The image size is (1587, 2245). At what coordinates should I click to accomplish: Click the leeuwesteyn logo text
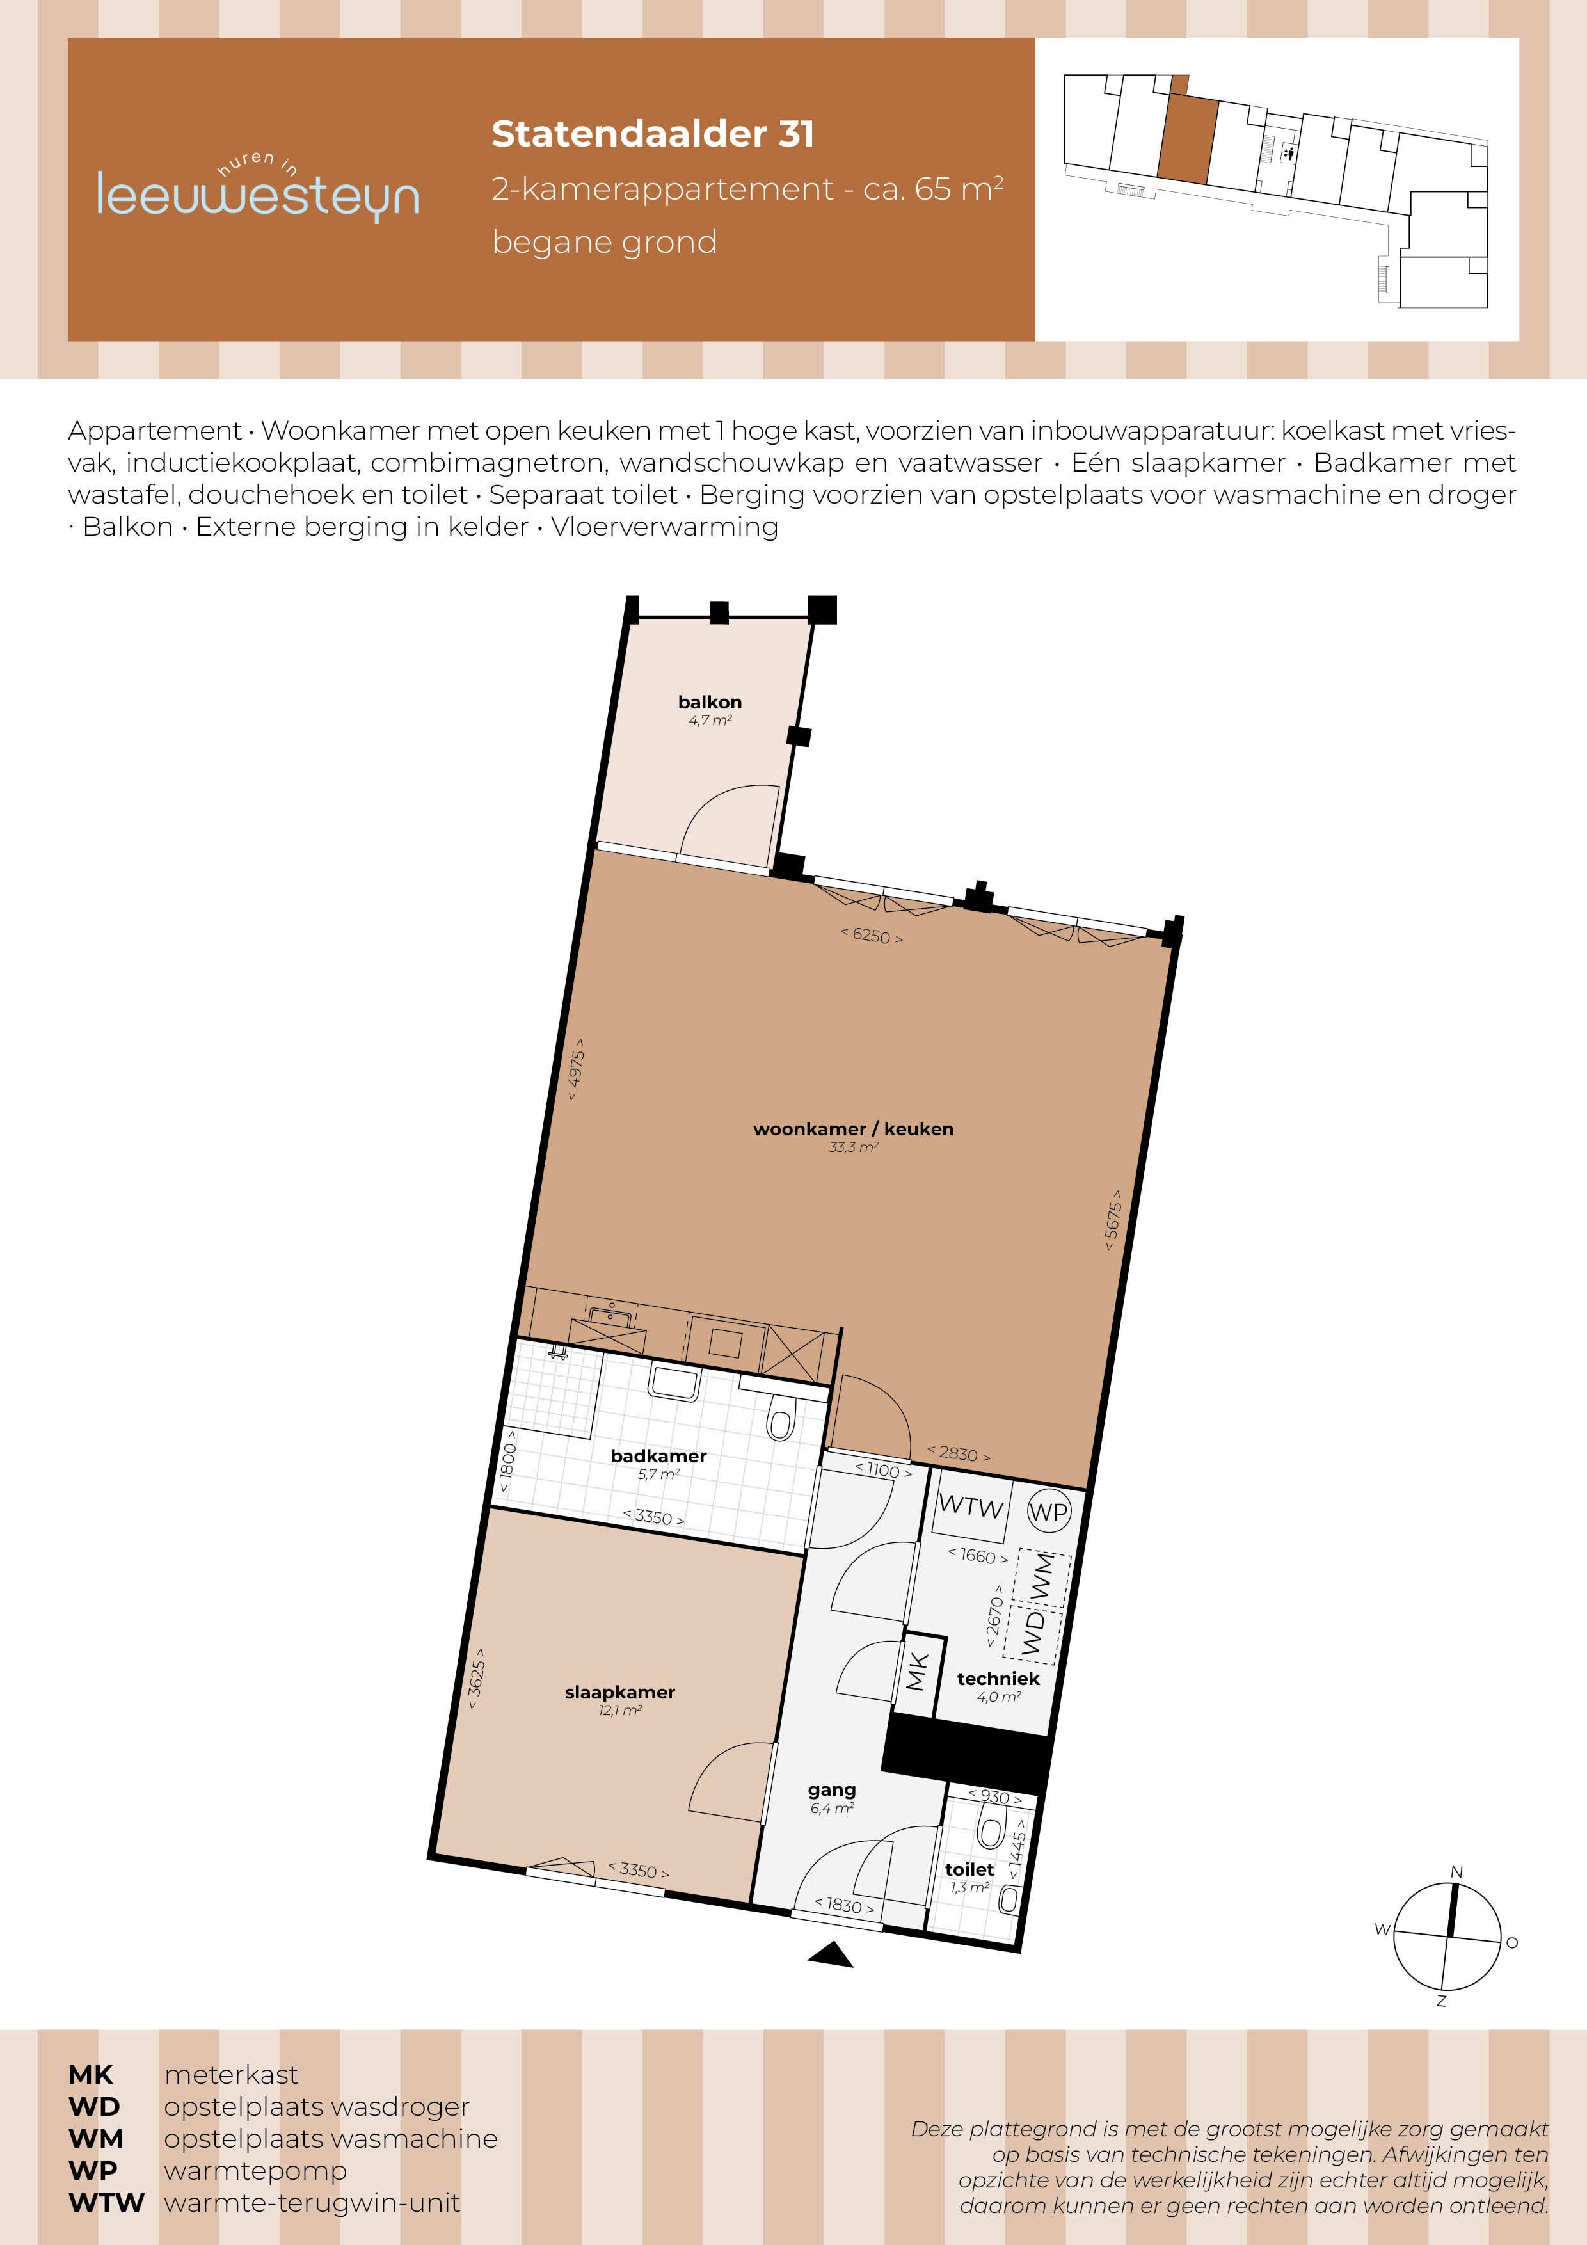(257, 195)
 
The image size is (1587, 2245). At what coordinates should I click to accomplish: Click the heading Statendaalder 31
(652, 134)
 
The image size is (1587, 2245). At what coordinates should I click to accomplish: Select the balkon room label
(710, 702)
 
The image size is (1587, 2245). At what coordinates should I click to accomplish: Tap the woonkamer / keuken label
(852, 1128)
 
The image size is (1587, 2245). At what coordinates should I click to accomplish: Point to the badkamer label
(658, 1456)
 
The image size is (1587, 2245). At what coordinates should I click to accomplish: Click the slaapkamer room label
(620, 1691)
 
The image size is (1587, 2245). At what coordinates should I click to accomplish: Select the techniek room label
(998, 1679)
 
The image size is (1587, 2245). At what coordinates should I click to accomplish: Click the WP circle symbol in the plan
(1048, 1512)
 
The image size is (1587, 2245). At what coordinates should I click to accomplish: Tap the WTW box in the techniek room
(970, 1506)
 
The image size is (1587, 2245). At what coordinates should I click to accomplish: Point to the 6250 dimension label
(871, 936)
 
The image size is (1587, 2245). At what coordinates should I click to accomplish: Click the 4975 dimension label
(577, 1069)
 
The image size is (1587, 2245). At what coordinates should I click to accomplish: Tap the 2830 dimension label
(958, 1454)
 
